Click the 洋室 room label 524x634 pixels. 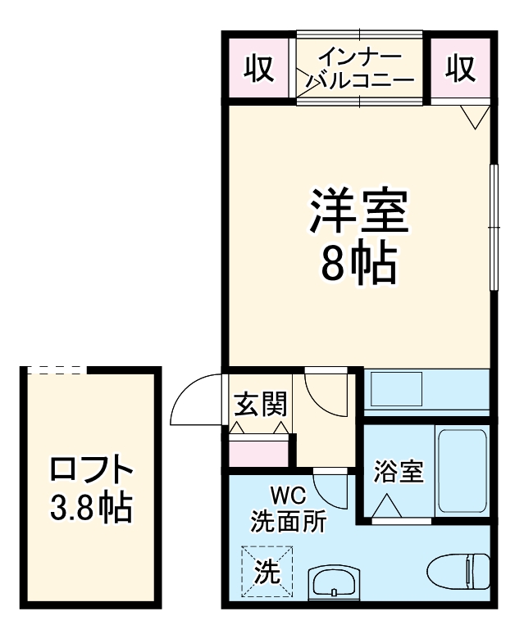tap(358, 212)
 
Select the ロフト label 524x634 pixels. tap(90, 471)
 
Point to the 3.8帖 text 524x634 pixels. tap(90, 509)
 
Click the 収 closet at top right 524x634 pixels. tap(462, 69)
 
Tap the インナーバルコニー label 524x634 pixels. tap(361, 69)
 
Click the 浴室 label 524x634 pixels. tap(399, 473)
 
